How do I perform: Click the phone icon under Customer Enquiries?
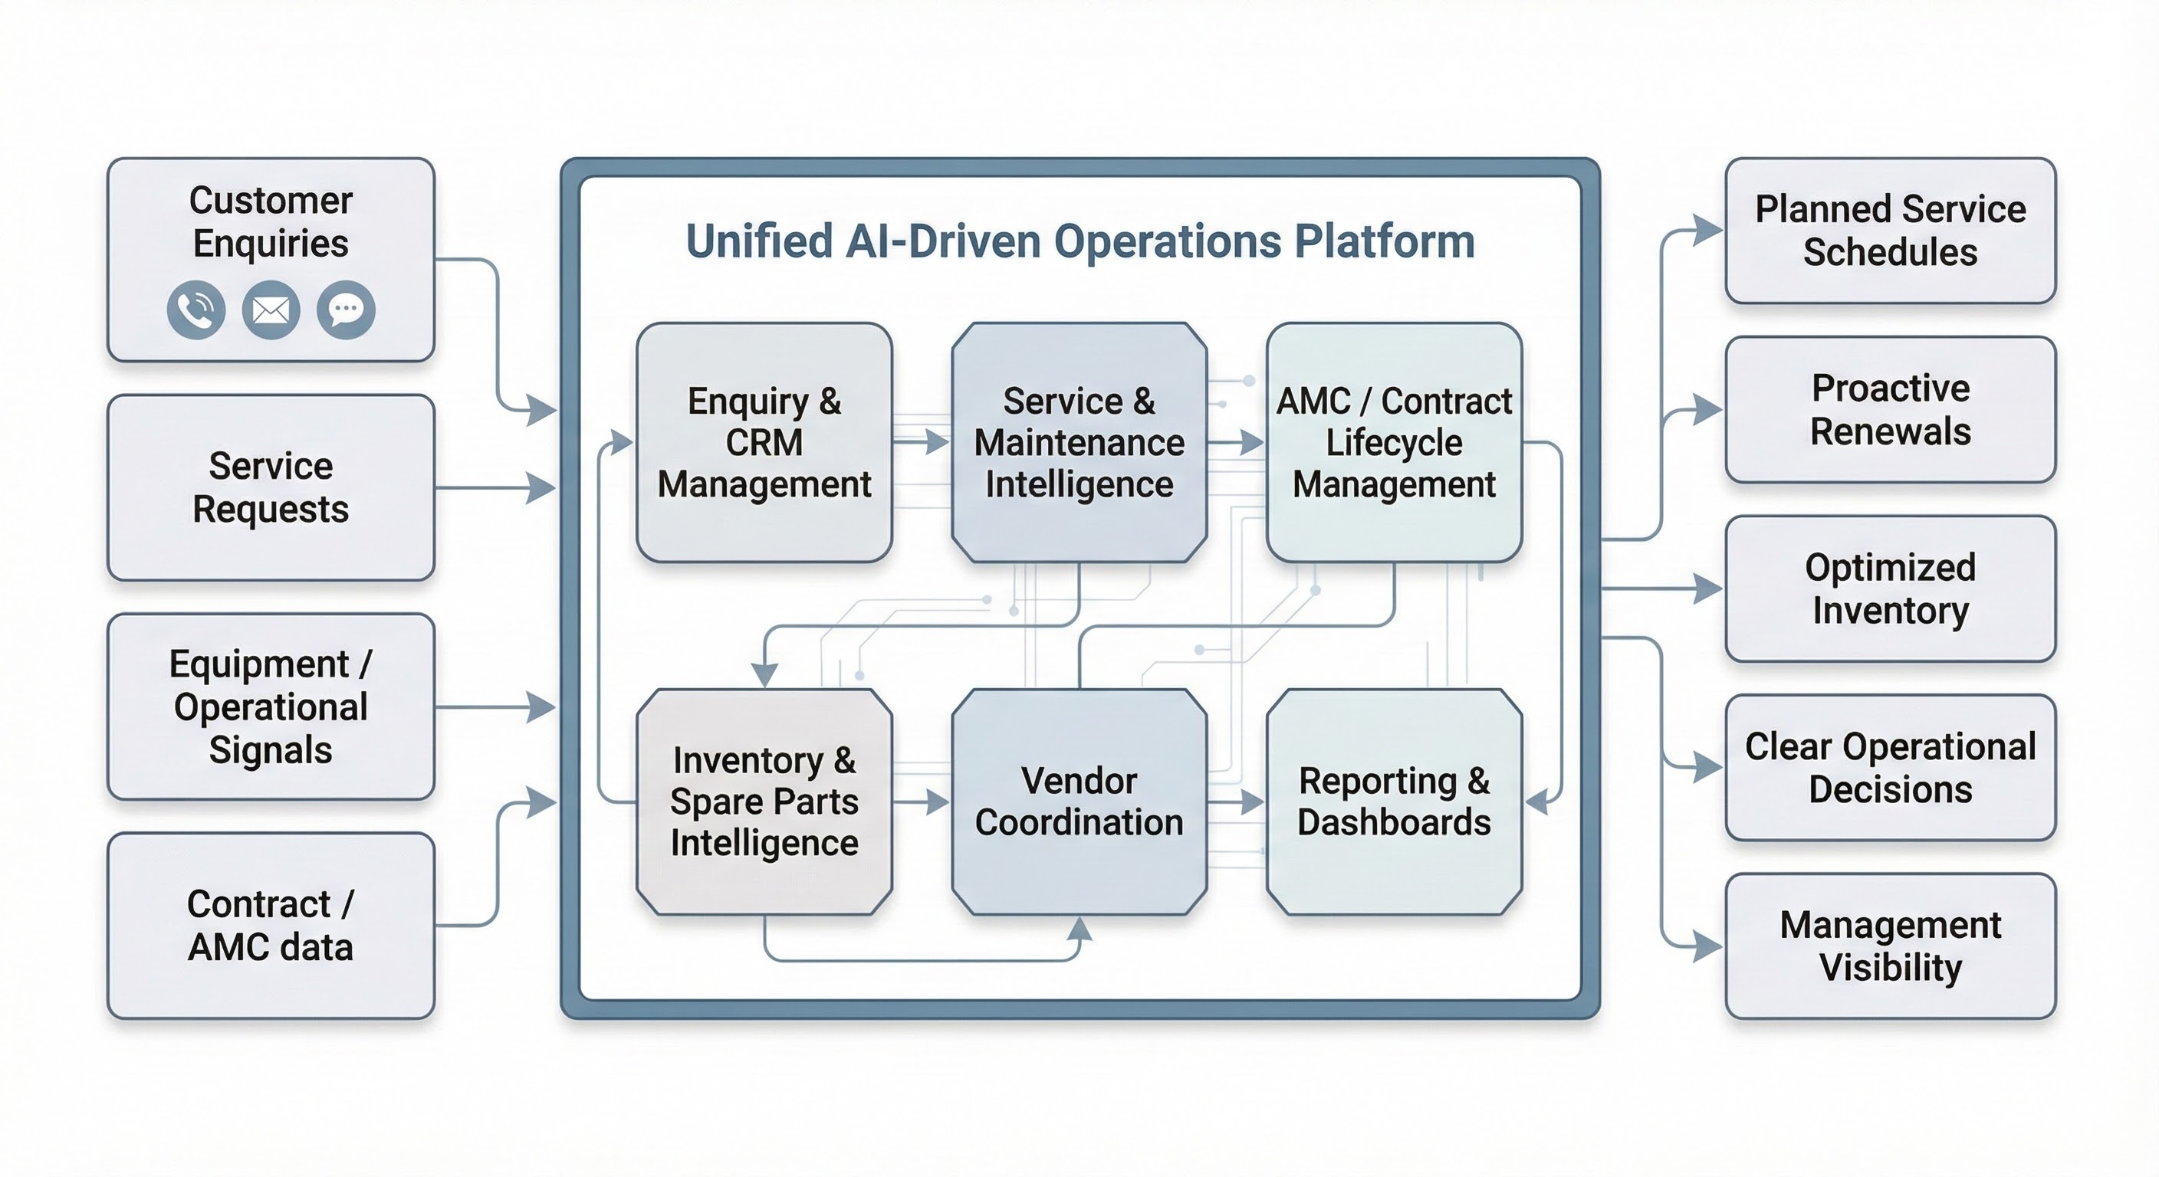pos(196,310)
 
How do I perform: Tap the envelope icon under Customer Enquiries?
pos(271,310)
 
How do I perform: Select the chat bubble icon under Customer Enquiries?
pos(346,310)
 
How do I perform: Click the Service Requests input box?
pos(271,487)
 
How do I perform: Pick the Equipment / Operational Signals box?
pos(271,707)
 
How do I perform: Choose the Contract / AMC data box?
pos(271,926)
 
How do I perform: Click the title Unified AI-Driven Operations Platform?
pos(1079,241)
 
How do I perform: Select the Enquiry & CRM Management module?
pos(764,442)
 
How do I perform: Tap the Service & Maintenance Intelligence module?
pos(1079,442)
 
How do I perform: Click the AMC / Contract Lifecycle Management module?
pos(1395,442)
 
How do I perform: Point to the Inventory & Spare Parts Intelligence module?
pos(764,802)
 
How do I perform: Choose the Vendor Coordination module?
pos(1079,802)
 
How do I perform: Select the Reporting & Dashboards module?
pos(1395,802)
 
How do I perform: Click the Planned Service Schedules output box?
pos(1891,231)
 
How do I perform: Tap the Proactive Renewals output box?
pos(1891,410)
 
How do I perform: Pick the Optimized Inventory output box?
pos(1891,589)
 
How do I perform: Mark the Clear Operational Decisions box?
pos(1891,767)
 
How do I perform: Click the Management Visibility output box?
pos(1891,946)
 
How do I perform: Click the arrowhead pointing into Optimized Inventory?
pos(1708,589)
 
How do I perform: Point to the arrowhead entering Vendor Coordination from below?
pos(1080,927)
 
